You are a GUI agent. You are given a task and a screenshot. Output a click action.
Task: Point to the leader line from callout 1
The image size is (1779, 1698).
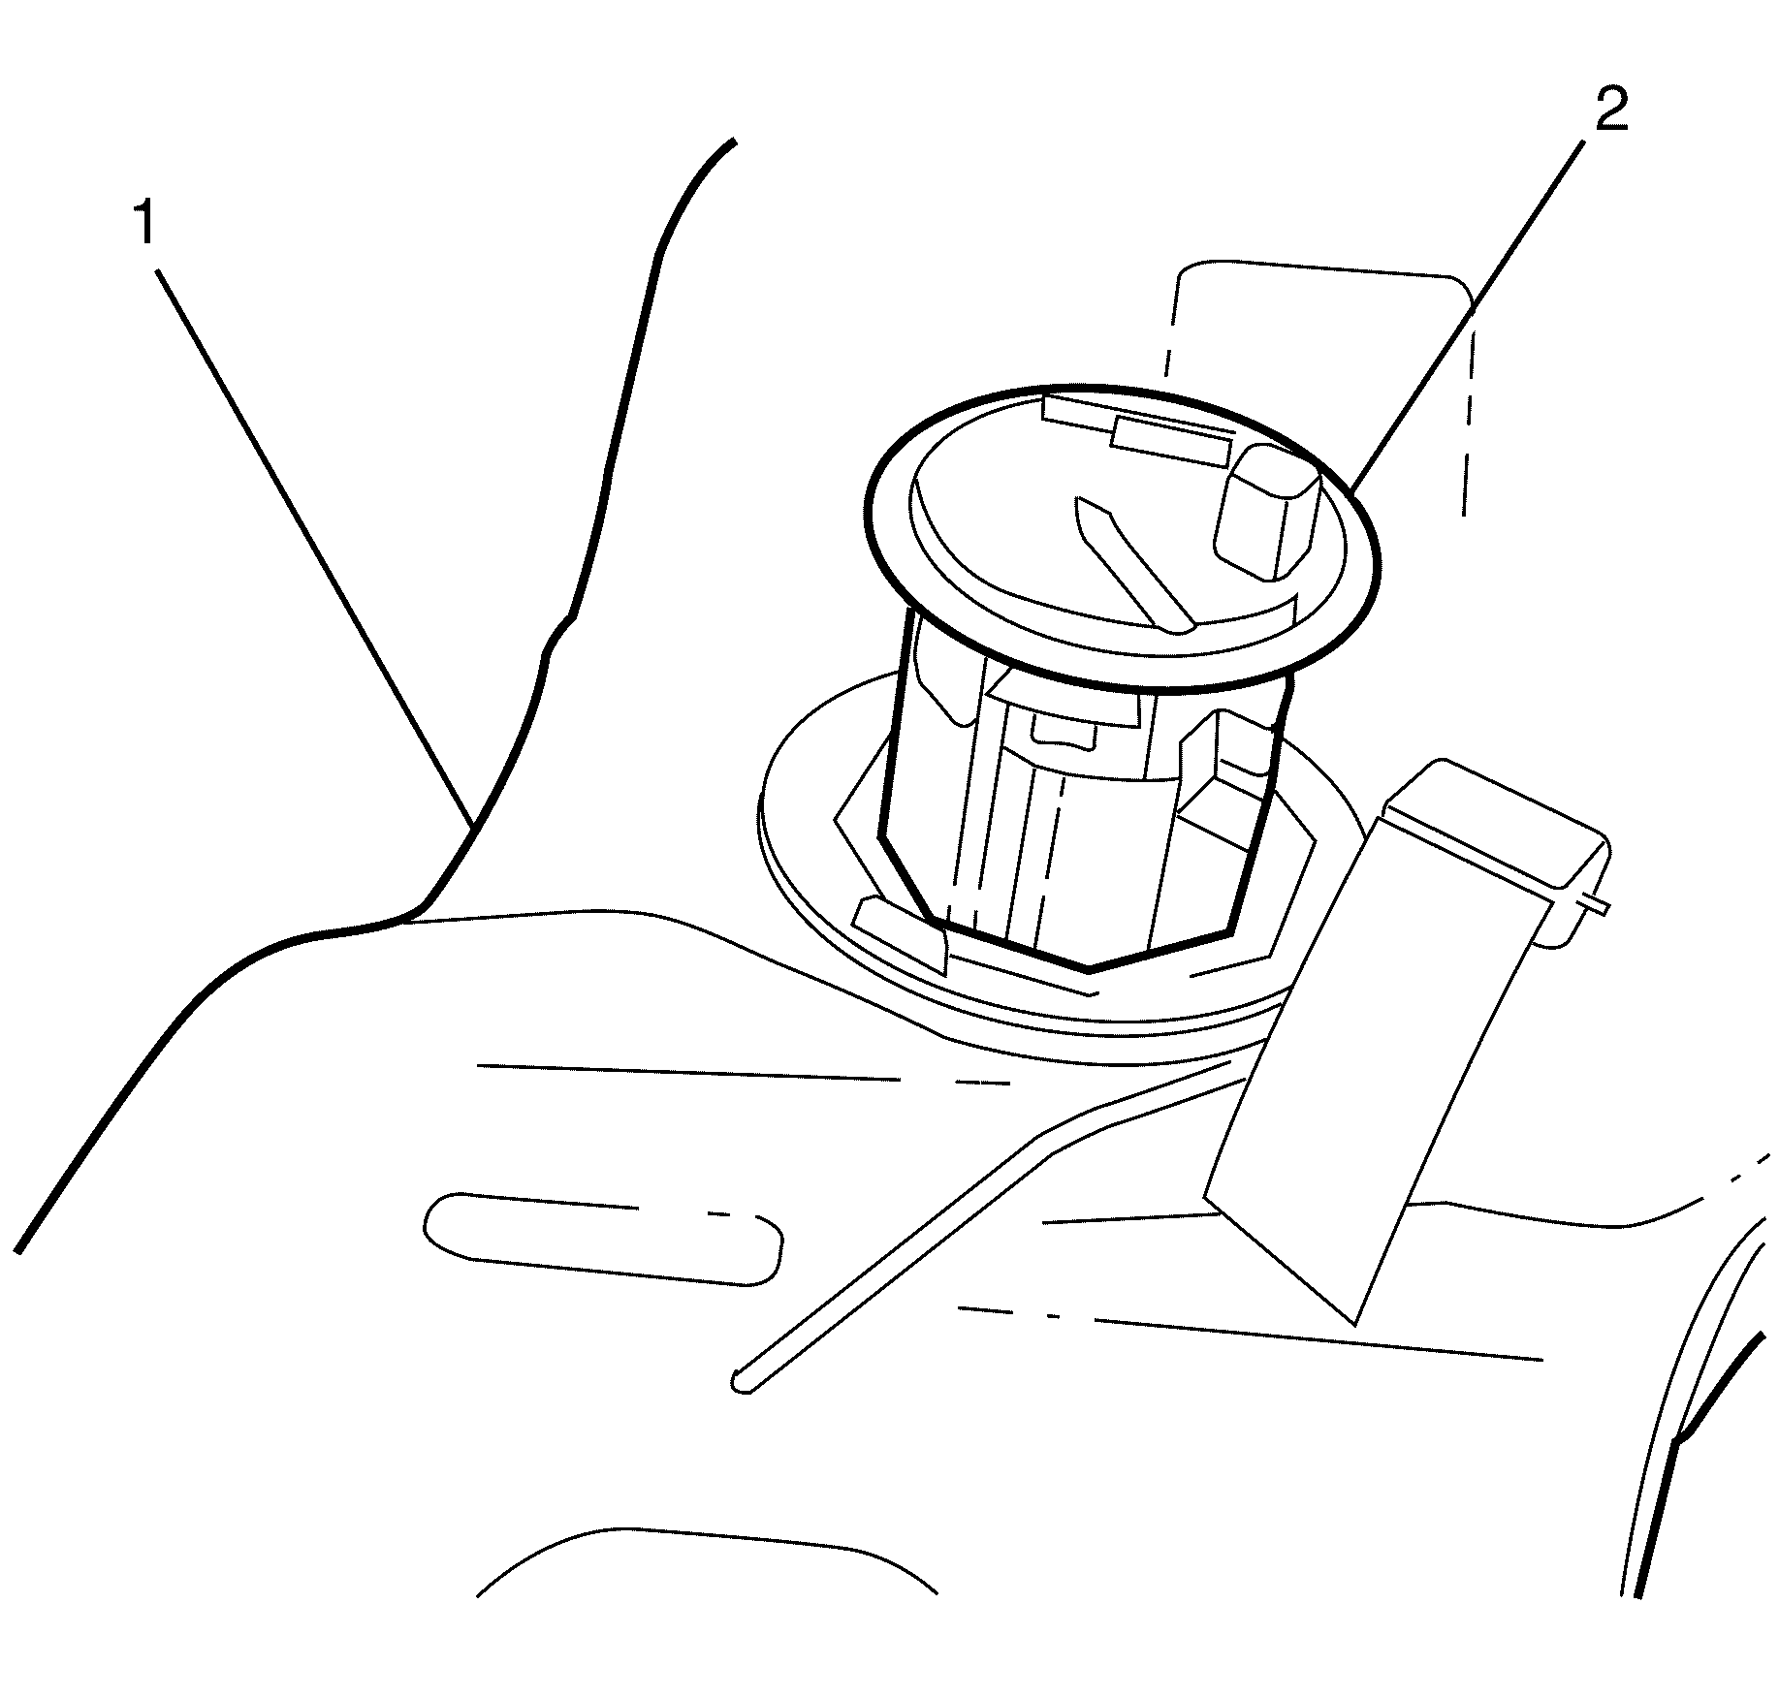point(315,550)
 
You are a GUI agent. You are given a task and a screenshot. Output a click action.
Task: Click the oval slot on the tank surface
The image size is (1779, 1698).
point(604,1240)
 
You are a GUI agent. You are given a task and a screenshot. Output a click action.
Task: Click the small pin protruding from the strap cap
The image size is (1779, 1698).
point(1590,904)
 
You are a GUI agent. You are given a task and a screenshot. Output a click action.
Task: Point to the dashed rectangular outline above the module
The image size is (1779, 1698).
point(1319,383)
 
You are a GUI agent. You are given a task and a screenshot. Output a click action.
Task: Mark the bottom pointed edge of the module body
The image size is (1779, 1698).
point(1088,968)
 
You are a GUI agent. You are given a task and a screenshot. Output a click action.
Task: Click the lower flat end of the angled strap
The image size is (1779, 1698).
point(1280,1260)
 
